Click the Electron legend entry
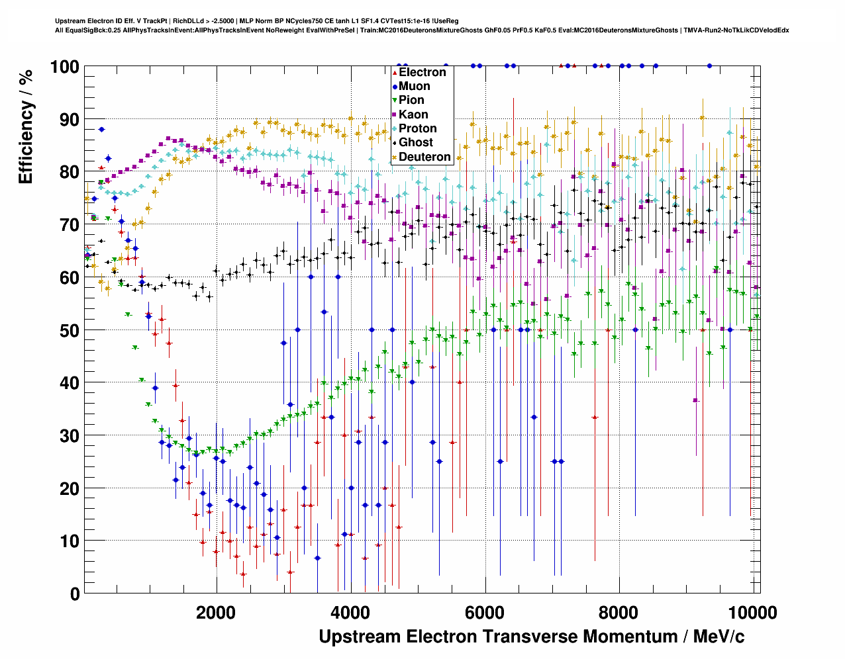422,72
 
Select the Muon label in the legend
414,86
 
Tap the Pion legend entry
411,100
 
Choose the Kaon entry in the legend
413,114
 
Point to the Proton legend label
417,128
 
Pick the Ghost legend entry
415,142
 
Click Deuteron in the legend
424,157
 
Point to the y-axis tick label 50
69,330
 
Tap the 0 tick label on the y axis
74,593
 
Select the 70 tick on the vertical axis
69,225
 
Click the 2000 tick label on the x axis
216,612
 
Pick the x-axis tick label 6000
485,612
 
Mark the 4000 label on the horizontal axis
350,612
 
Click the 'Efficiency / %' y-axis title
26,126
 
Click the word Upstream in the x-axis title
360,637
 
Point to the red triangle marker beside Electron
395,72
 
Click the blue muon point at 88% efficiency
101,130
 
